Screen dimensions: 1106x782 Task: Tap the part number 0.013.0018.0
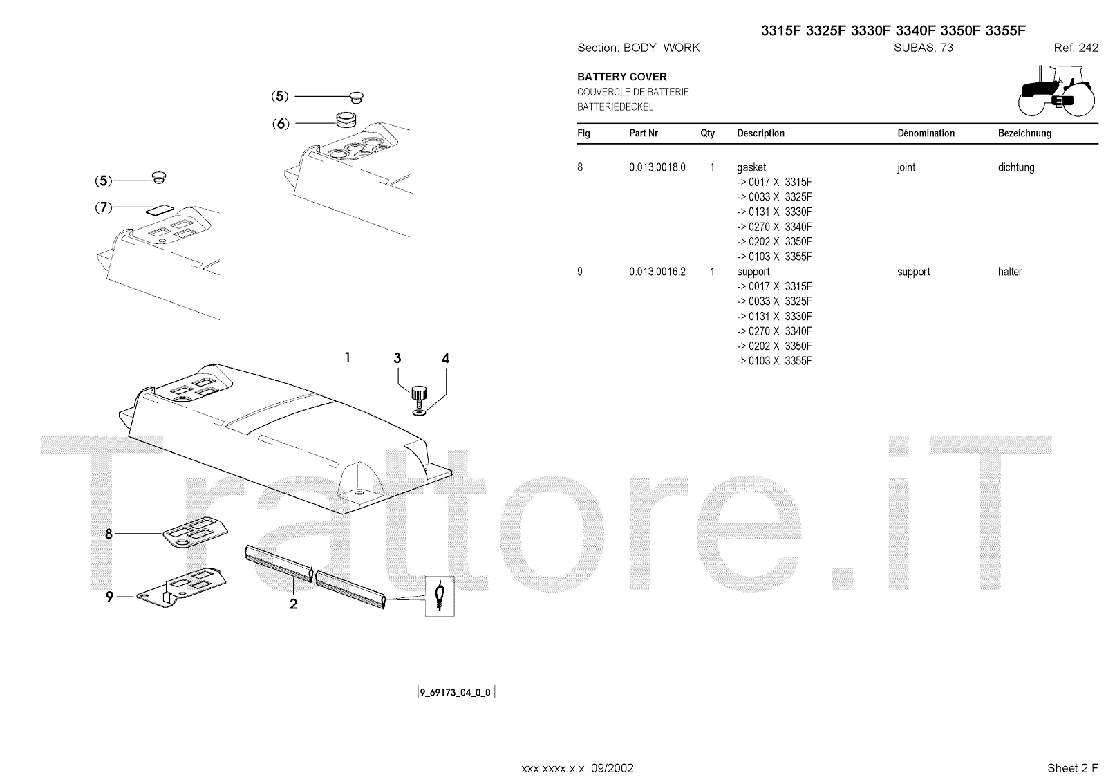click(657, 167)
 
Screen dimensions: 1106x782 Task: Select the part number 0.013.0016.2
click(657, 272)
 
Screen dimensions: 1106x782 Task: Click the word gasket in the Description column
click(751, 167)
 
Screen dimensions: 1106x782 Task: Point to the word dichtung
click(1015, 167)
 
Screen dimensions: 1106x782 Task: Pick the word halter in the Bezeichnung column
click(1009, 272)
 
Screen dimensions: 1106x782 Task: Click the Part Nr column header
click(643, 133)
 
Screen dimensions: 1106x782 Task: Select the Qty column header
click(707, 133)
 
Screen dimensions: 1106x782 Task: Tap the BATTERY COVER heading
click(621, 77)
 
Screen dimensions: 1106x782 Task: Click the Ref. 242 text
click(1076, 48)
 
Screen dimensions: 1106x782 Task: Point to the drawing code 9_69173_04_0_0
click(456, 692)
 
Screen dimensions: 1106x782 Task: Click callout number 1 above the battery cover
click(348, 357)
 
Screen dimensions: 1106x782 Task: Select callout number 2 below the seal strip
click(293, 604)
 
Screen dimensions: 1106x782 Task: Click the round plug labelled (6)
click(344, 120)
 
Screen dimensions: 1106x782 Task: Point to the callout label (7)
click(103, 207)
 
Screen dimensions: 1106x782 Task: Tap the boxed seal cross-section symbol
click(440, 595)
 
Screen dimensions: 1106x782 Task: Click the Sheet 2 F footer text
click(1072, 768)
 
